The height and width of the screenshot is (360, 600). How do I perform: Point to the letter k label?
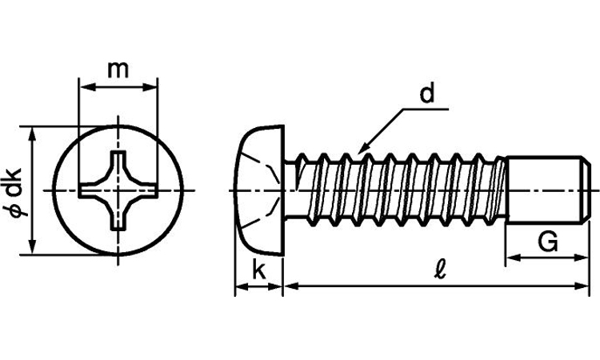258,270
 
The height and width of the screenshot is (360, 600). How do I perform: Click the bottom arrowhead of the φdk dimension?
33,249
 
